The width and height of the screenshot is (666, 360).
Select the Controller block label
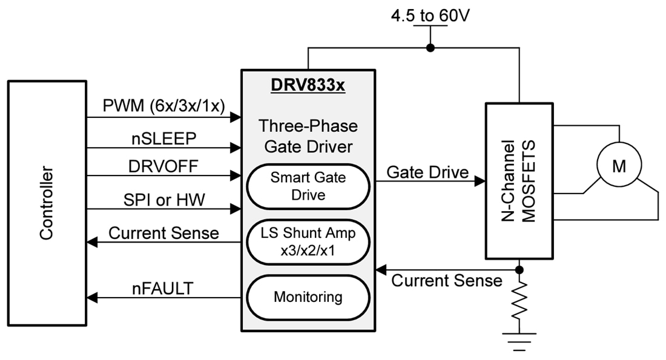point(47,203)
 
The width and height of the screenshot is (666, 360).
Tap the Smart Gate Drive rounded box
point(307,186)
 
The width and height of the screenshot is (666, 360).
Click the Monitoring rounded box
point(307,297)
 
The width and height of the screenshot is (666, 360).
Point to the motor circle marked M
point(618,166)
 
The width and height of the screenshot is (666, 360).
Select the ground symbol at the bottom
point(519,338)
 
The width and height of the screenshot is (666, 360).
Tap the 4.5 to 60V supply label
point(429,15)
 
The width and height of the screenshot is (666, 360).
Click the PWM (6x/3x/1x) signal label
point(164,107)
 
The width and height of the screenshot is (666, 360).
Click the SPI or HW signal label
point(163,200)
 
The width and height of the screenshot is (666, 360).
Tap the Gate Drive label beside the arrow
point(427,172)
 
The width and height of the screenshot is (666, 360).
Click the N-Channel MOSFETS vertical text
point(520,181)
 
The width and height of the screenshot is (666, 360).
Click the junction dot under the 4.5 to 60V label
point(430,47)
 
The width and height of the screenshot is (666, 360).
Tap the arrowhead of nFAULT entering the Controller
point(91,297)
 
